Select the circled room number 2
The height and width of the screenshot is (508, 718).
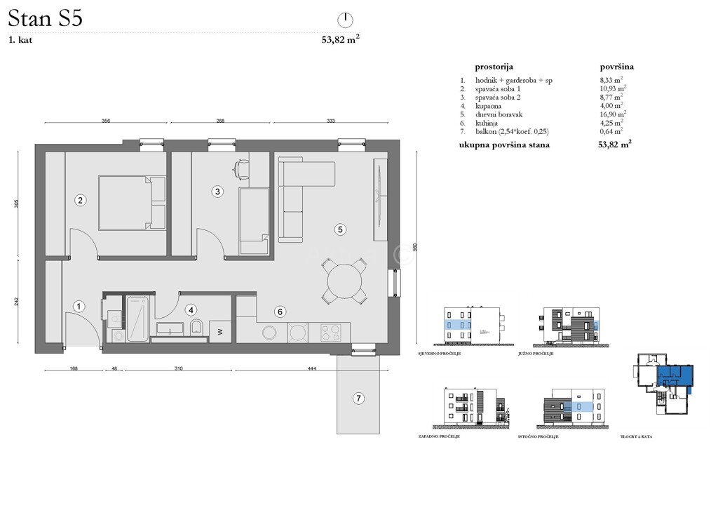tap(81, 201)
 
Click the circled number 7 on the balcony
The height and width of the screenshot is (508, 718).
tap(358, 399)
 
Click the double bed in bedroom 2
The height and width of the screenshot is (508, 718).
tap(131, 203)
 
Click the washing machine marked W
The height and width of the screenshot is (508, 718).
tap(220, 331)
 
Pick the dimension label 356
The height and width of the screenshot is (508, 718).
tap(106, 121)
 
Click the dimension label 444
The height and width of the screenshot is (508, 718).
tap(313, 368)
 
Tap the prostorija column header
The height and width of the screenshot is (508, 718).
tap(494, 66)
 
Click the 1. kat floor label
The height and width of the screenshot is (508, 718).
tap(21, 40)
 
